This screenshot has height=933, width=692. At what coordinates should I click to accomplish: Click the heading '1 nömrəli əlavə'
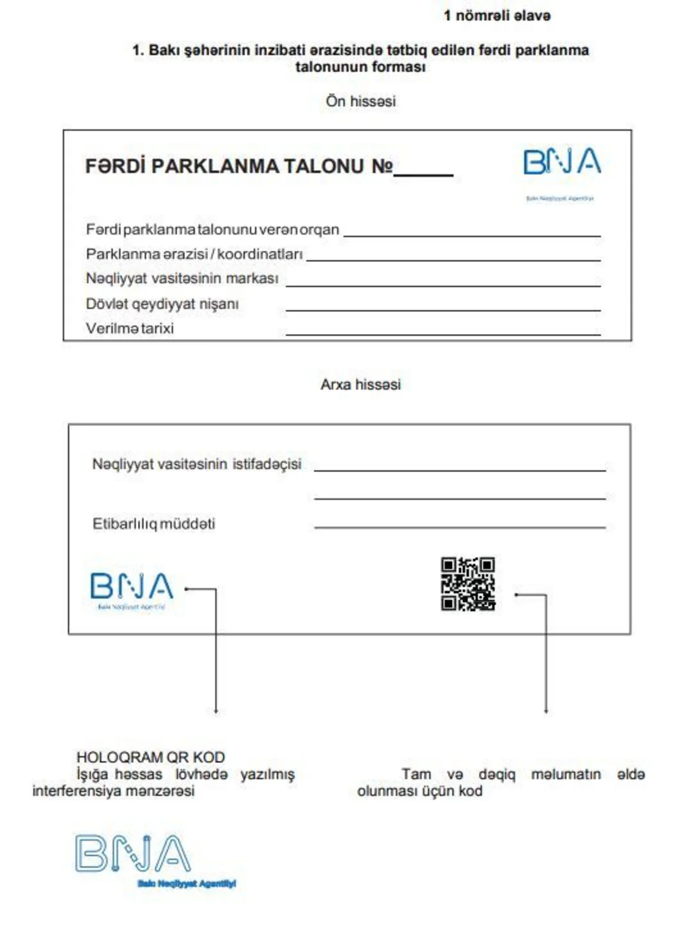(497, 16)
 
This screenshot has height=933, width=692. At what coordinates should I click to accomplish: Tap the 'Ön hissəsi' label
(361, 101)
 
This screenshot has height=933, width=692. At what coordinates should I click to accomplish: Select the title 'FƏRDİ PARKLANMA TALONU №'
(239, 167)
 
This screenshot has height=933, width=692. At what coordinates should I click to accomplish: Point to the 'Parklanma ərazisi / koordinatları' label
(194, 254)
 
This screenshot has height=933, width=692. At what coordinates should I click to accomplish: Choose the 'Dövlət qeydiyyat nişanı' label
(162, 304)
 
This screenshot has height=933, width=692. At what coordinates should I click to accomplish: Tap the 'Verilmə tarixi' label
(130, 329)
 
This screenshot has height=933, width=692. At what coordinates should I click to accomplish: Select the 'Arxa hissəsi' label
(360, 385)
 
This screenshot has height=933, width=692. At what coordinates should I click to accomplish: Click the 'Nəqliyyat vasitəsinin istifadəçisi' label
(197, 464)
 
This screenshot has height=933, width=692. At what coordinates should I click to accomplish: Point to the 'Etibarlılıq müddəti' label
(154, 524)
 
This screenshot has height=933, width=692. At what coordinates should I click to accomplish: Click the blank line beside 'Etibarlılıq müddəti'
(460, 526)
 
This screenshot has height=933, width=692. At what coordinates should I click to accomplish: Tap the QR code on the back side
(468, 584)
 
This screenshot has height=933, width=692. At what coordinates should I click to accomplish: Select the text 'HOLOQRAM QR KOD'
(151, 757)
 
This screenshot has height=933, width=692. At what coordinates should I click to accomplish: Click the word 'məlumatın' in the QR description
(566, 774)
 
